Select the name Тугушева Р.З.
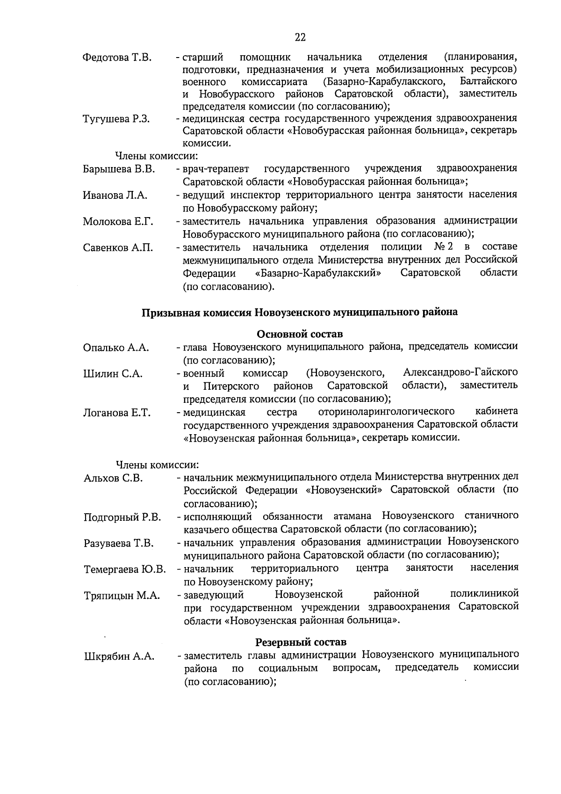coord(116,119)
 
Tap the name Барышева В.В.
coord(119,169)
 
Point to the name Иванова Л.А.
coord(115,196)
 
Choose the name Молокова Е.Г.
coord(118,222)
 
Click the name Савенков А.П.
coord(118,248)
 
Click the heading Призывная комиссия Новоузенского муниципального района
coord(300,313)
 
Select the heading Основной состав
coord(300,334)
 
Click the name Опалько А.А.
coord(116,348)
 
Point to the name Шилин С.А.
coord(113,374)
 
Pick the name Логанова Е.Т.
coord(117,413)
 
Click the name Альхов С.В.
coord(113,478)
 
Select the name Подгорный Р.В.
coord(122,517)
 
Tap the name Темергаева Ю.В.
coord(125,569)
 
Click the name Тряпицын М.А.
coord(122,596)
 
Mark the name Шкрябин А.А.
coord(119,656)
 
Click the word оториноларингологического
coord(386,412)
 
